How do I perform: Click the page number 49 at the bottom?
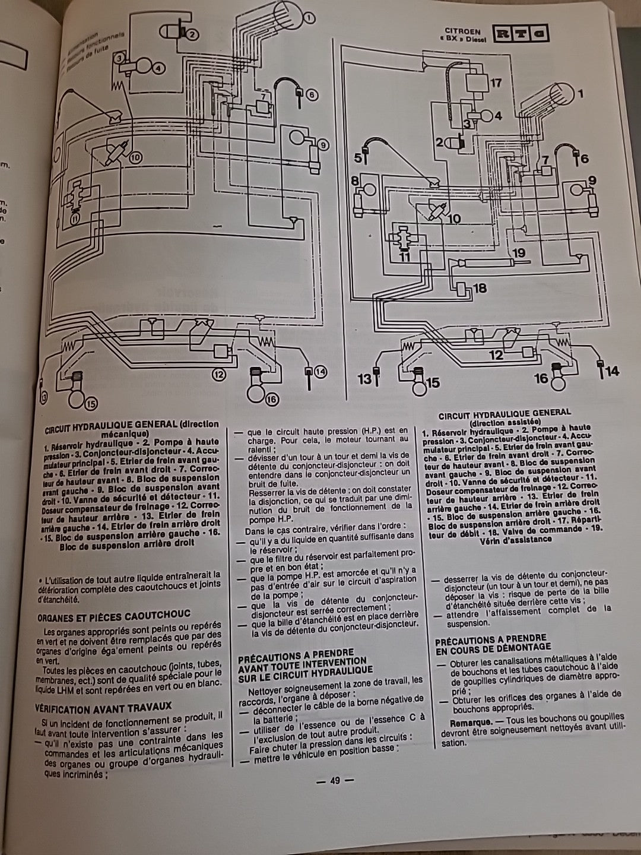coord(334,781)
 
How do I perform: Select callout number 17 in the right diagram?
coord(496,83)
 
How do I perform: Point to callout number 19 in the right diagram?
coord(519,253)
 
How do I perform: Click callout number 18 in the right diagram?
coord(480,288)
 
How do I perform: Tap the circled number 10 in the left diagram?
coord(136,158)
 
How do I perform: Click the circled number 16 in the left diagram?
coord(271,400)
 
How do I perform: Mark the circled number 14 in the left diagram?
coord(320,372)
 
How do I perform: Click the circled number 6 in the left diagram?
coord(312,94)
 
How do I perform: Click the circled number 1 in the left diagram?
coord(309,18)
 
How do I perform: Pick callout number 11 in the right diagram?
coord(404,258)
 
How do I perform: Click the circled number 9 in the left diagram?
coord(322,144)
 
